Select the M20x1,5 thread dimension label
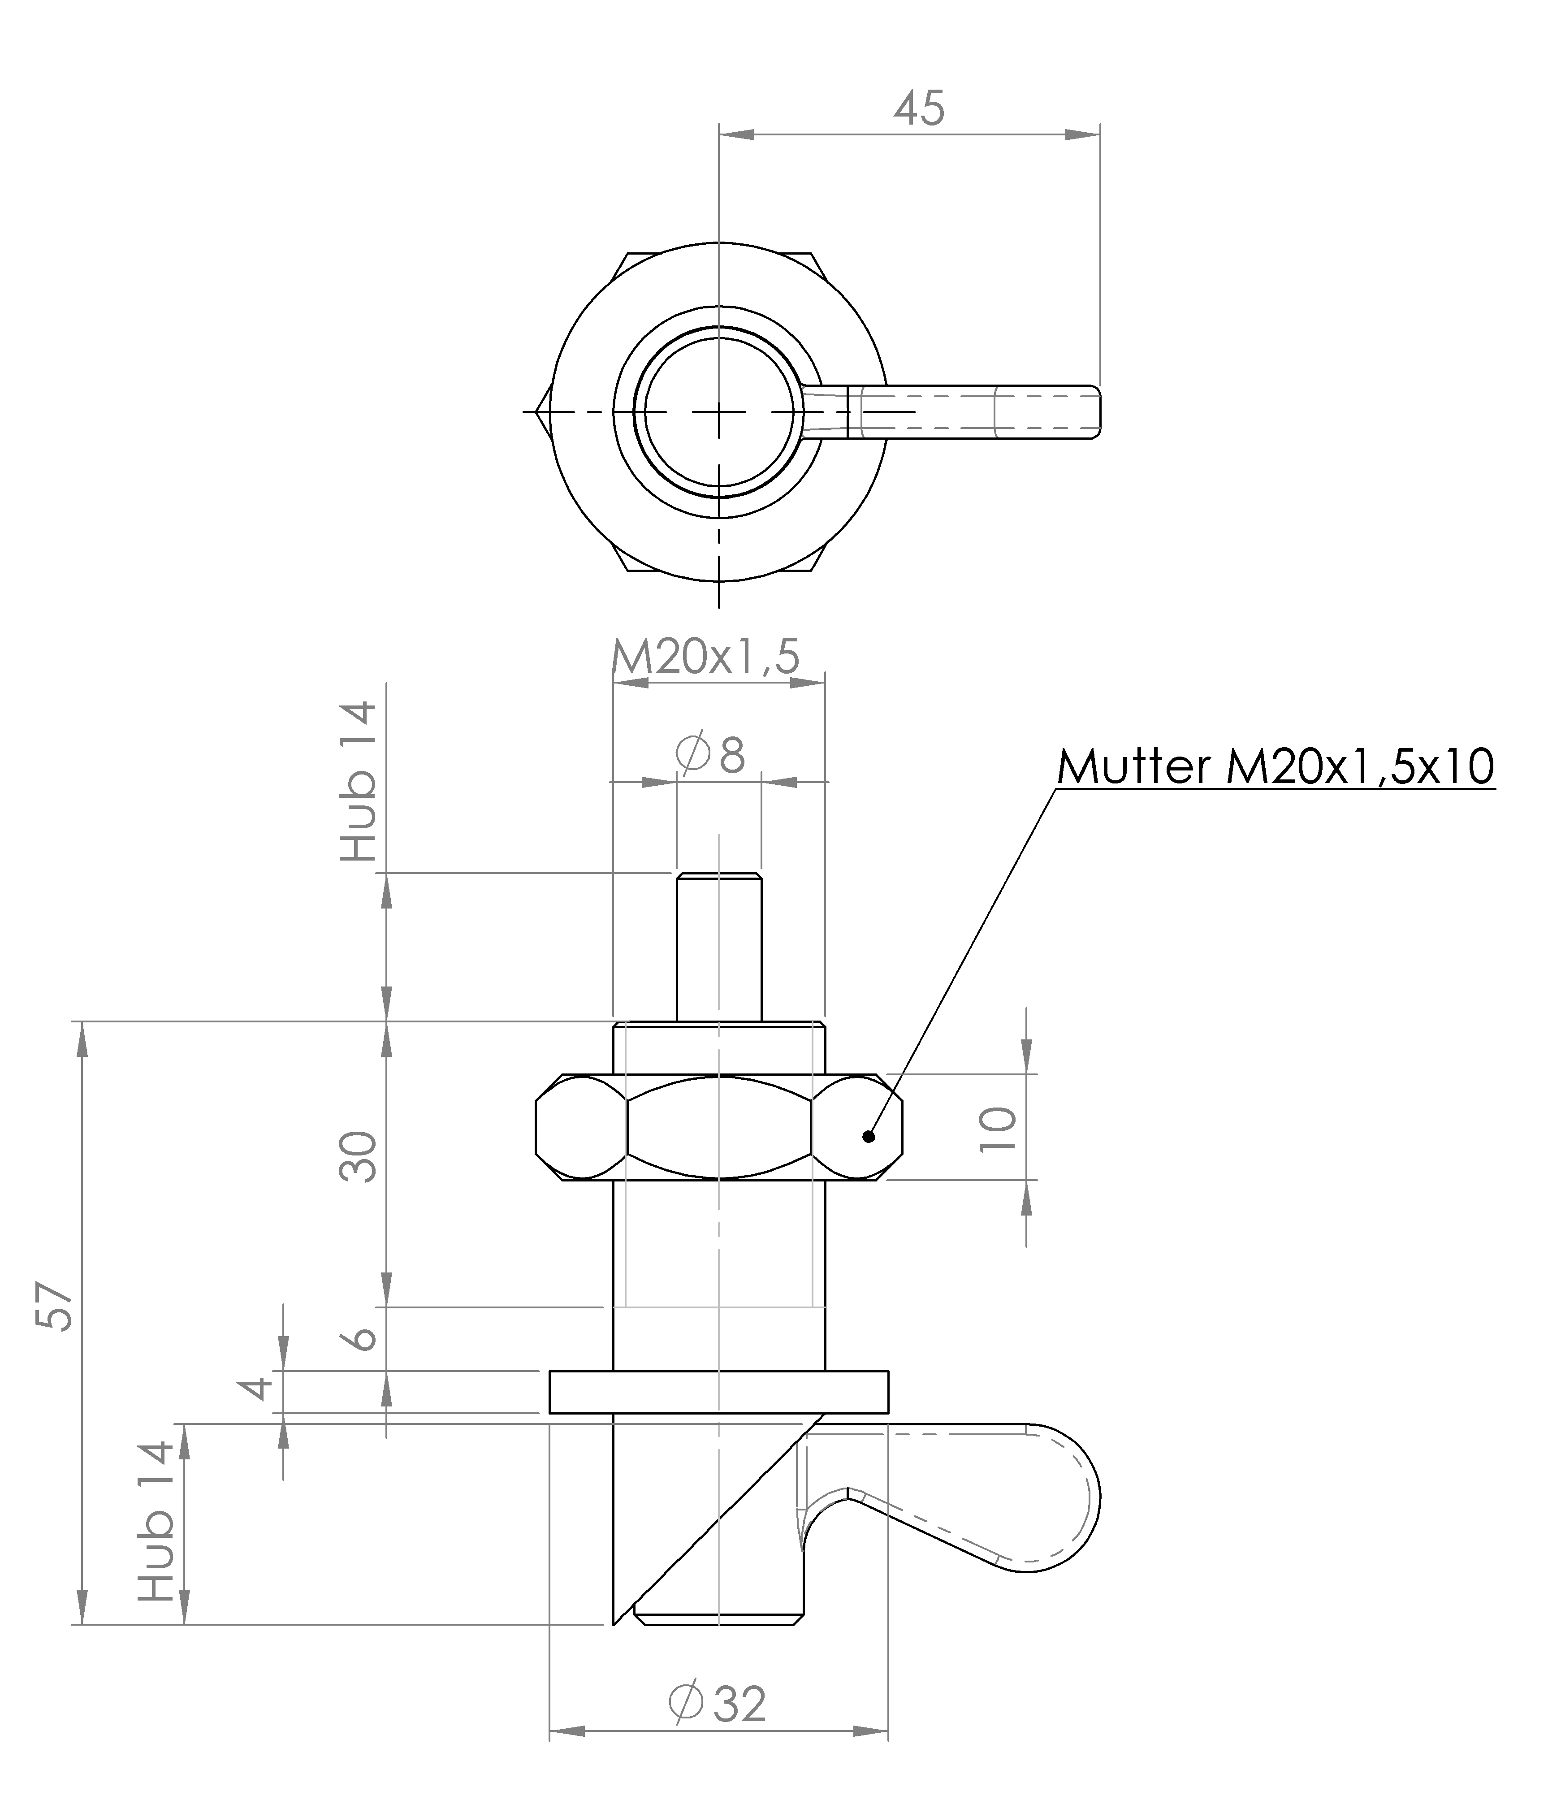coord(705,657)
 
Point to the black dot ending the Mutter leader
coord(868,1137)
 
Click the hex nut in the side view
coord(718,1128)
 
